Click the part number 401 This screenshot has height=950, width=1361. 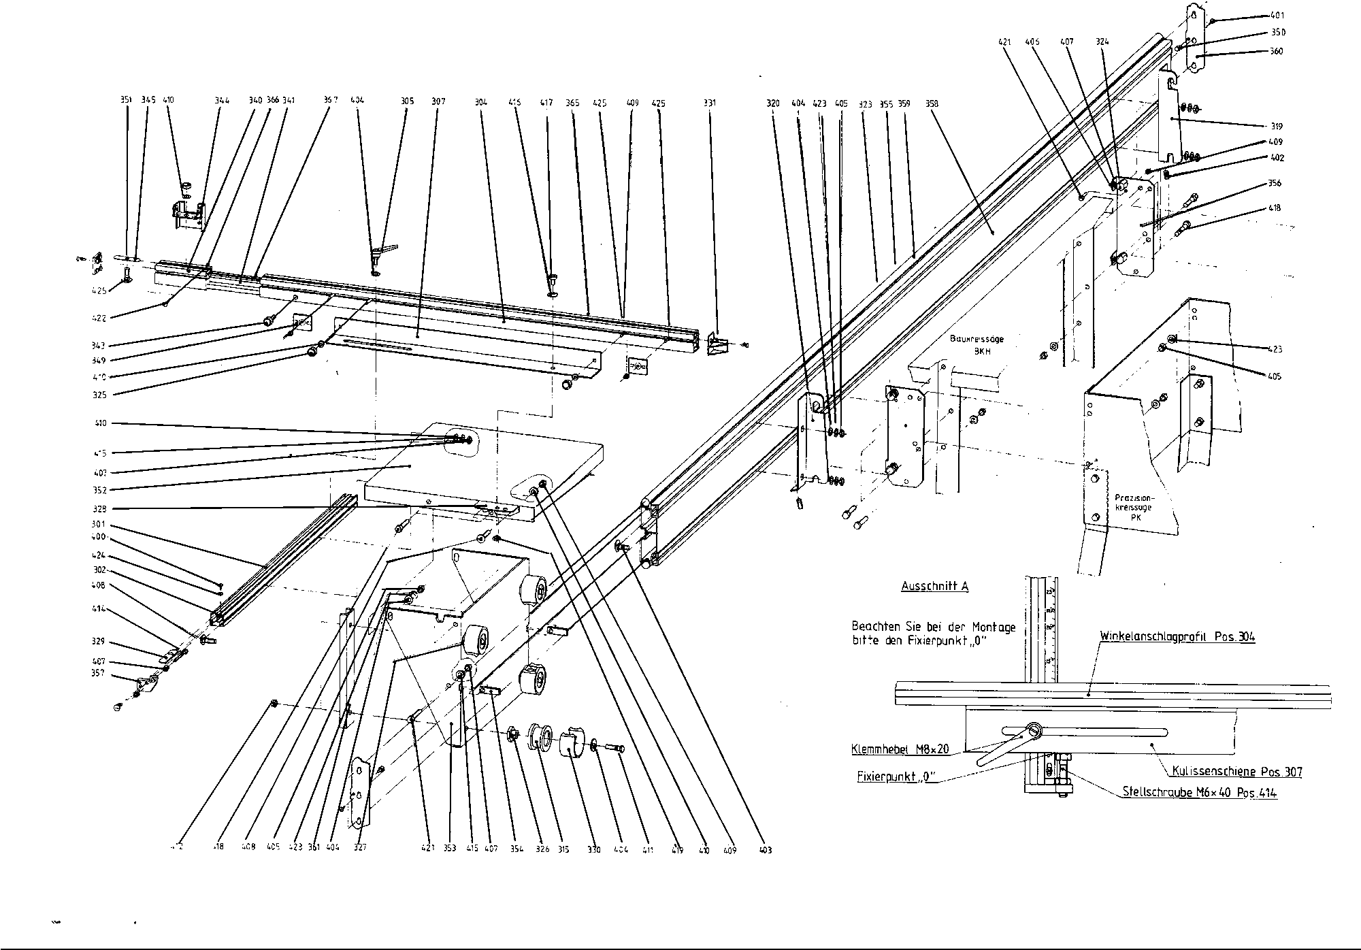tap(1277, 15)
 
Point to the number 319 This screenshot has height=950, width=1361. tap(1277, 127)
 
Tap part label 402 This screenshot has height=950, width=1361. tap(1277, 158)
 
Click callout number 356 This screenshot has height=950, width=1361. tap(1275, 183)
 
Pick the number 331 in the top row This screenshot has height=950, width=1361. tap(710, 103)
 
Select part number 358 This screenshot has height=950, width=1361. tap(932, 104)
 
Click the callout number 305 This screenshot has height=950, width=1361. tap(407, 101)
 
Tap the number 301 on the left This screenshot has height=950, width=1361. tap(99, 524)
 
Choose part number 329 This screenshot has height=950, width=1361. tap(98, 641)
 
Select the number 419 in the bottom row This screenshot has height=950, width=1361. tap(676, 850)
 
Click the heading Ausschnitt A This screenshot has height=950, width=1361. tap(934, 586)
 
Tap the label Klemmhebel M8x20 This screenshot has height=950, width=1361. tap(900, 750)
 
